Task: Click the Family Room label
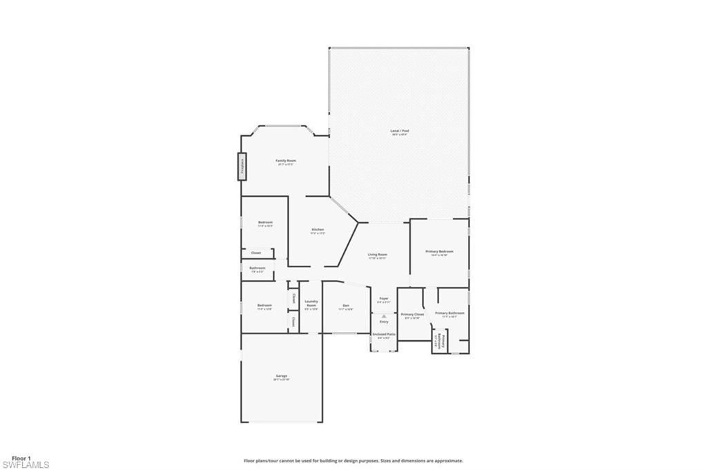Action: (x=286, y=160)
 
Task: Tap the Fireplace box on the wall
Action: (x=242, y=166)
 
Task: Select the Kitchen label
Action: (x=318, y=229)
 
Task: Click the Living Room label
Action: (x=377, y=255)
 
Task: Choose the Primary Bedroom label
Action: (x=439, y=251)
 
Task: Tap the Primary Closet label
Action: (x=412, y=314)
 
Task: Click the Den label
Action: (x=346, y=305)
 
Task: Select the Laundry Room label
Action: (x=311, y=303)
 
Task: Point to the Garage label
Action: (x=281, y=375)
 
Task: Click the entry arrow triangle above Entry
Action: (x=384, y=316)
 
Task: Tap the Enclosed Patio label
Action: (x=384, y=334)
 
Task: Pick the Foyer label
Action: (x=384, y=298)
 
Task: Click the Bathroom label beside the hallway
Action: (x=257, y=268)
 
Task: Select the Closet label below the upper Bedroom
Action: (x=255, y=253)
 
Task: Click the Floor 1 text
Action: (x=21, y=458)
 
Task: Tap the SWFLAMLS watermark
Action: (x=25, y=465)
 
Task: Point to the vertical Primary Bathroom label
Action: (x=443, y=341)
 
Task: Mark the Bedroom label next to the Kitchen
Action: (x=265, y=222)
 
